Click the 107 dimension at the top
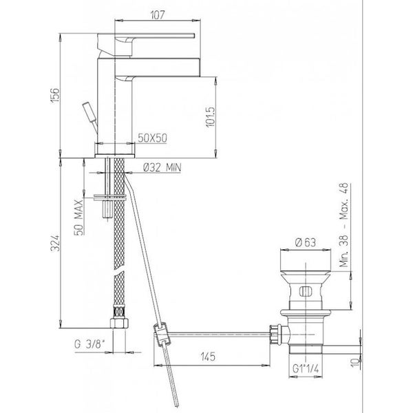158,14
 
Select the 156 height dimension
55,96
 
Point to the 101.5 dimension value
210,117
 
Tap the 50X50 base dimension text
153,138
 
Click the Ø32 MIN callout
162,167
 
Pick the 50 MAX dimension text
78,218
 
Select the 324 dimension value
55,243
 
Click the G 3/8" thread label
89,344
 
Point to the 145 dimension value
208,357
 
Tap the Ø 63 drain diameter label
305,242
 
